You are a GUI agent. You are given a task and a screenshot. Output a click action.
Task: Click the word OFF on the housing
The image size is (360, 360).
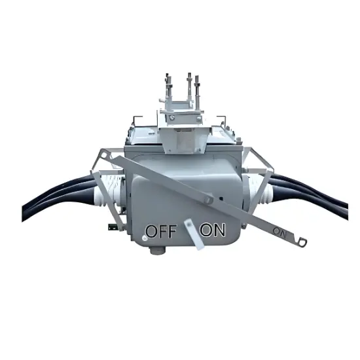pos(160,231)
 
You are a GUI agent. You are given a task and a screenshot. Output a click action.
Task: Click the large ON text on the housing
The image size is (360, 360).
pos(213,230)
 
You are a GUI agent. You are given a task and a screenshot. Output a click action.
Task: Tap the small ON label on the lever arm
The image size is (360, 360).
pos(279,232)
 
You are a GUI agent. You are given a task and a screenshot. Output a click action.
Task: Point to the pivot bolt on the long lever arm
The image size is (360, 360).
pos(207,199)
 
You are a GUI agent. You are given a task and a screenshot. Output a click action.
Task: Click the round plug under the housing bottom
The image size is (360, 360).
pos(155,249)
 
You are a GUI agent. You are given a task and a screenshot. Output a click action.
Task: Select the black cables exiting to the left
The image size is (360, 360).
pos(52,196)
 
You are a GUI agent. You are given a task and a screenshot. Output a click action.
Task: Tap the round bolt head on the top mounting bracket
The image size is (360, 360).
pos(173,118)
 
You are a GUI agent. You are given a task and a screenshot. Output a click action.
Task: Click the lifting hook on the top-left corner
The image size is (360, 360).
pos(135,122)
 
